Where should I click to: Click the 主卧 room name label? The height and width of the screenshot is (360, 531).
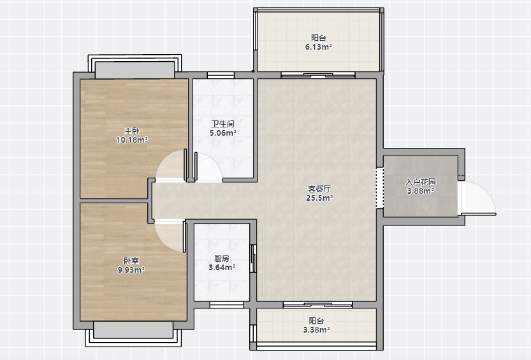[132, 131]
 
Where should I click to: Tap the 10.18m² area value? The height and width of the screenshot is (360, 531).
[132, 140]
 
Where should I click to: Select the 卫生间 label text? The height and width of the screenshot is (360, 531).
[223, 124]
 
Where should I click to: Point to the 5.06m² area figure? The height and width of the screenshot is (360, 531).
[223, 133]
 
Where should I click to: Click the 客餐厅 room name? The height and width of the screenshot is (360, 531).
[319, 189]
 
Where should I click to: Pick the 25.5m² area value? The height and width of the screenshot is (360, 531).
[319, 198]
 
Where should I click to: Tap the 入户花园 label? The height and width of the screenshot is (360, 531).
[421, 182]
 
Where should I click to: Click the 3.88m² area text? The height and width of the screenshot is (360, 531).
[421, 191]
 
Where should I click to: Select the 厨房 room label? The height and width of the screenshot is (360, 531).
[222, 259]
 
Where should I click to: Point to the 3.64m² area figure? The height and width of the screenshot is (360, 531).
[222, 268]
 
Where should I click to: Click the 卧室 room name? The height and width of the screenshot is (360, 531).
[131, 261]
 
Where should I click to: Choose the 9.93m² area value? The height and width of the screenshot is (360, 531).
[131, 270]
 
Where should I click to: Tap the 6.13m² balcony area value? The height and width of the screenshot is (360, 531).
[319, 47]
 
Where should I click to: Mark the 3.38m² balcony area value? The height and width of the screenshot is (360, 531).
[317, 329]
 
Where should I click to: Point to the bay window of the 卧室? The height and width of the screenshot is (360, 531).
[133, 334]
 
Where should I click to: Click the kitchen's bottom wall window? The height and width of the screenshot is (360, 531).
[226, 305]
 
